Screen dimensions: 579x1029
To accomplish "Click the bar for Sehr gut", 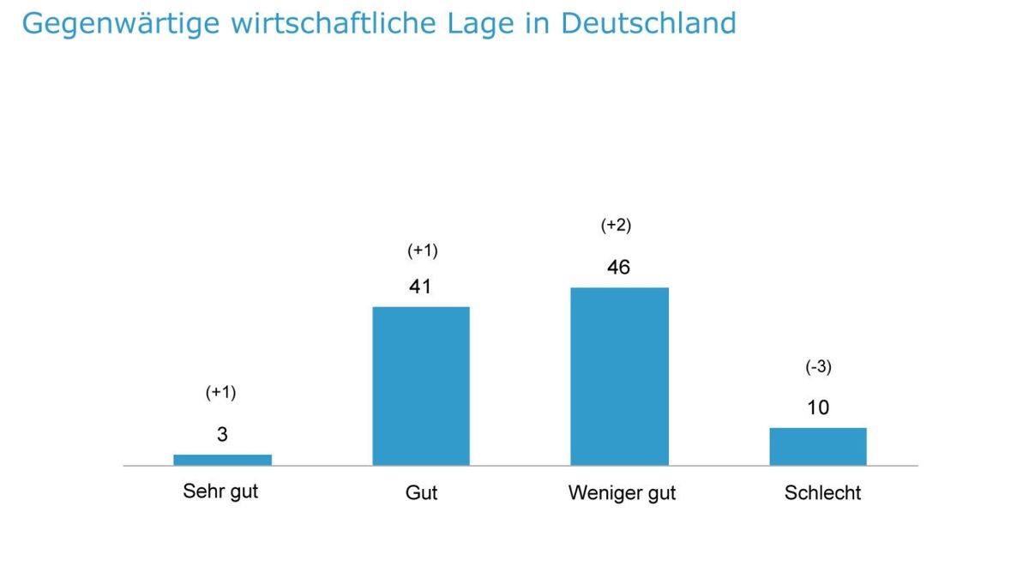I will [222, 460].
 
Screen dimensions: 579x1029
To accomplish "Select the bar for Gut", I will [420, 386].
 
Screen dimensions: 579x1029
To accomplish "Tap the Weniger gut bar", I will [619, 377].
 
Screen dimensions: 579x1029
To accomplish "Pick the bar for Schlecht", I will [817, 446].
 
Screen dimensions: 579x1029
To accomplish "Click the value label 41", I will [419, 286].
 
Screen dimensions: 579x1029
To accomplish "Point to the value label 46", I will [617, 268].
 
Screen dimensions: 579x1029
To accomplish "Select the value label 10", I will [818, 407].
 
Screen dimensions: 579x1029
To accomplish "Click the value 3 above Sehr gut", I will [222, 435].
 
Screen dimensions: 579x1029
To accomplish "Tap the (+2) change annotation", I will [615, 226].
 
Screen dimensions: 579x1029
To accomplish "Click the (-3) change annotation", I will [818, 367].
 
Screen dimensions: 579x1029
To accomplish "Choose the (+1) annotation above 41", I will [421, 250].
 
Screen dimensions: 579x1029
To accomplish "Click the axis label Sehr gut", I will [220, 492].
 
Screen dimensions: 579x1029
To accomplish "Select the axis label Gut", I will [421, 493].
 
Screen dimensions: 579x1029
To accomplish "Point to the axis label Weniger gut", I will [622, 493].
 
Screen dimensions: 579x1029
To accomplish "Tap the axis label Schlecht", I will [822, 493].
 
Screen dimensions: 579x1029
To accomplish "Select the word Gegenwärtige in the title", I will [119, 24].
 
